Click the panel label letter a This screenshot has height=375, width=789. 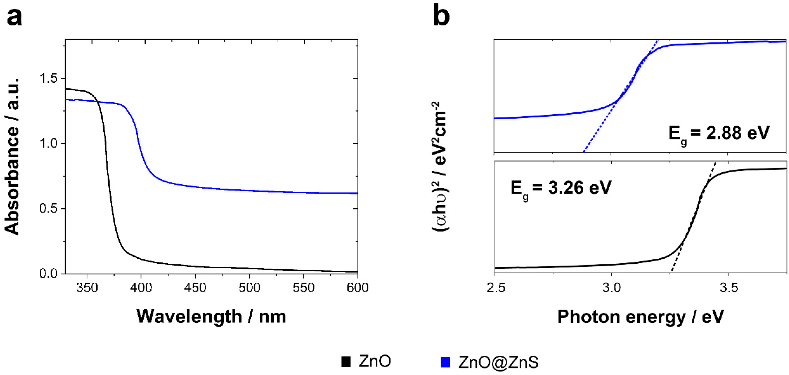(x=14, y=17)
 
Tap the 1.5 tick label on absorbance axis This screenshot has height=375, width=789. (x=49, y=79)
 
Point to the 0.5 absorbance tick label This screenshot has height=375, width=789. (x=49, y=209)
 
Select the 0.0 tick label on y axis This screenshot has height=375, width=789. (x=49, y=273)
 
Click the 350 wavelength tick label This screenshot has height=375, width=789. (x=87, y=288)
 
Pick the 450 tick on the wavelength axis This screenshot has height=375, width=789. (x=195, y=288)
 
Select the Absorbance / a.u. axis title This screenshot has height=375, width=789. (x=13, y=156)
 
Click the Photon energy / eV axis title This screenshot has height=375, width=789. (x=640, y=317)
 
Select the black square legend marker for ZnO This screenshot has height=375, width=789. (x=346, y=362)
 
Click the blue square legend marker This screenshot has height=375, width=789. (x=445, y=362)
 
